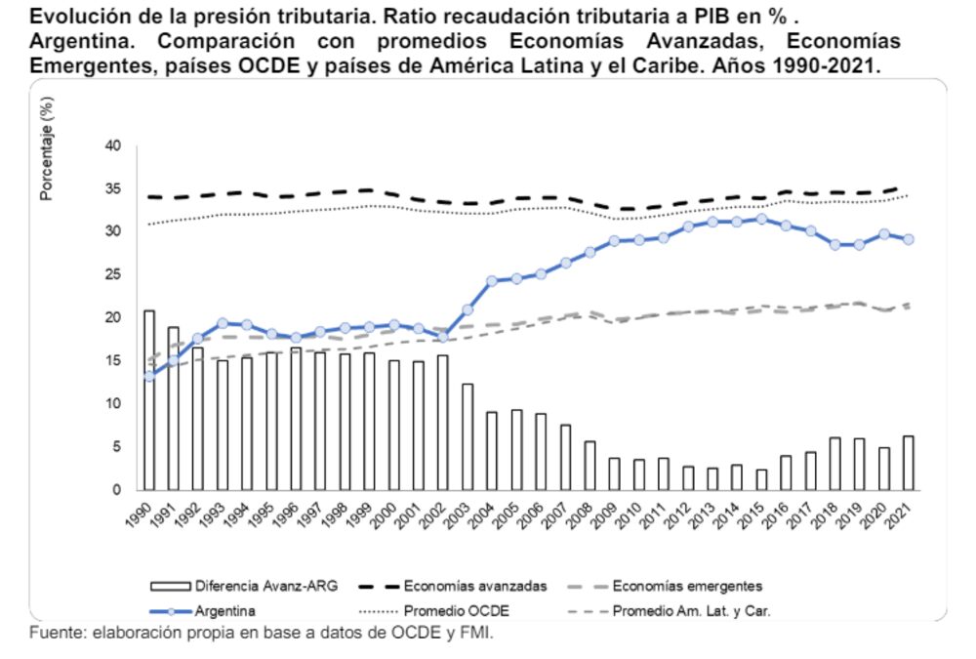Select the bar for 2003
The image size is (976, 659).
tap(467, 436)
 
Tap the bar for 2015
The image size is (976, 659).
tap(760, 478)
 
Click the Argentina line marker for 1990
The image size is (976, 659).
tap(148, 376)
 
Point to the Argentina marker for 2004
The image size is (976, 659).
tap(491, 281)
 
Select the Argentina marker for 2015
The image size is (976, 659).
tap(760, 219)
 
